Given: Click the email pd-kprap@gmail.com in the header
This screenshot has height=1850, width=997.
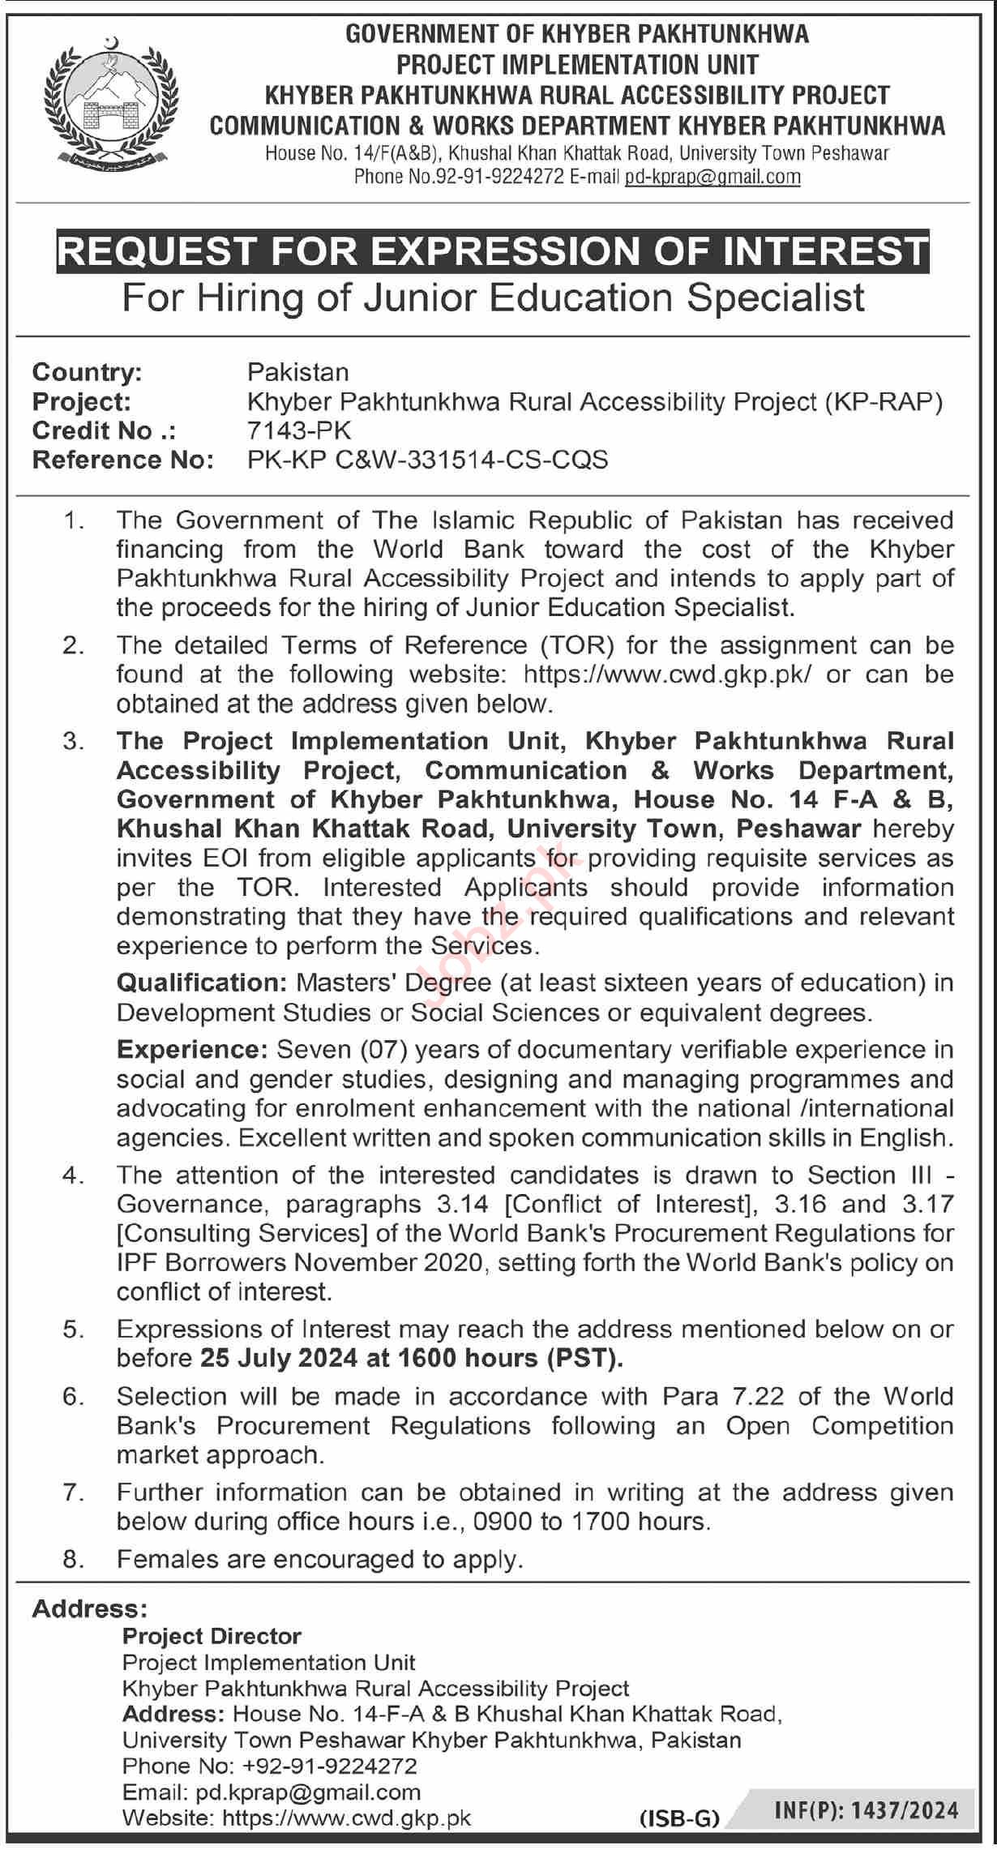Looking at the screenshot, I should coord(712,177).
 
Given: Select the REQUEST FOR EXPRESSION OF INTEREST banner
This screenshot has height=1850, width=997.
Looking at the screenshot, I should coord(493,251).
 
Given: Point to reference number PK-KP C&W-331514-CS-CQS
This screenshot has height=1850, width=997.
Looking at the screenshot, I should coord(427,460).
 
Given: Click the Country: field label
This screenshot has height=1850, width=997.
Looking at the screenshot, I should coord(87,372).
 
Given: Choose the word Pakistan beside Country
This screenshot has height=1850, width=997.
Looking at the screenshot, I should coord(297,372).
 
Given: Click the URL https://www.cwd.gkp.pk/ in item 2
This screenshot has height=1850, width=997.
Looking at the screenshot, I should coord(666,674).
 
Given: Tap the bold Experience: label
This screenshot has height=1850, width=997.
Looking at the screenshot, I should coord(192,1050).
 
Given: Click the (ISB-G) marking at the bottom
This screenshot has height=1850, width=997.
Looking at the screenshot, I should coord(679,1818).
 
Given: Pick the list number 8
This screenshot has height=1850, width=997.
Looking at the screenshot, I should coord(74,1559).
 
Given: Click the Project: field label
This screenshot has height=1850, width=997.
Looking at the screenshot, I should coord(81,401).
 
